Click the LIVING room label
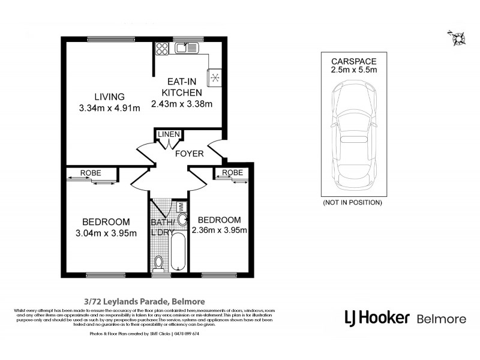click(x=109, y=97)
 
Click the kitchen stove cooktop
click(x=215, y=77)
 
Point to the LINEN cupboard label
click(x=167, y=134)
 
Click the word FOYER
click(x=189, y=154)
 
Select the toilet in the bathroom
click(x=158, y=262)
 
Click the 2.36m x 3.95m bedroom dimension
click(x=220, y=230)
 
